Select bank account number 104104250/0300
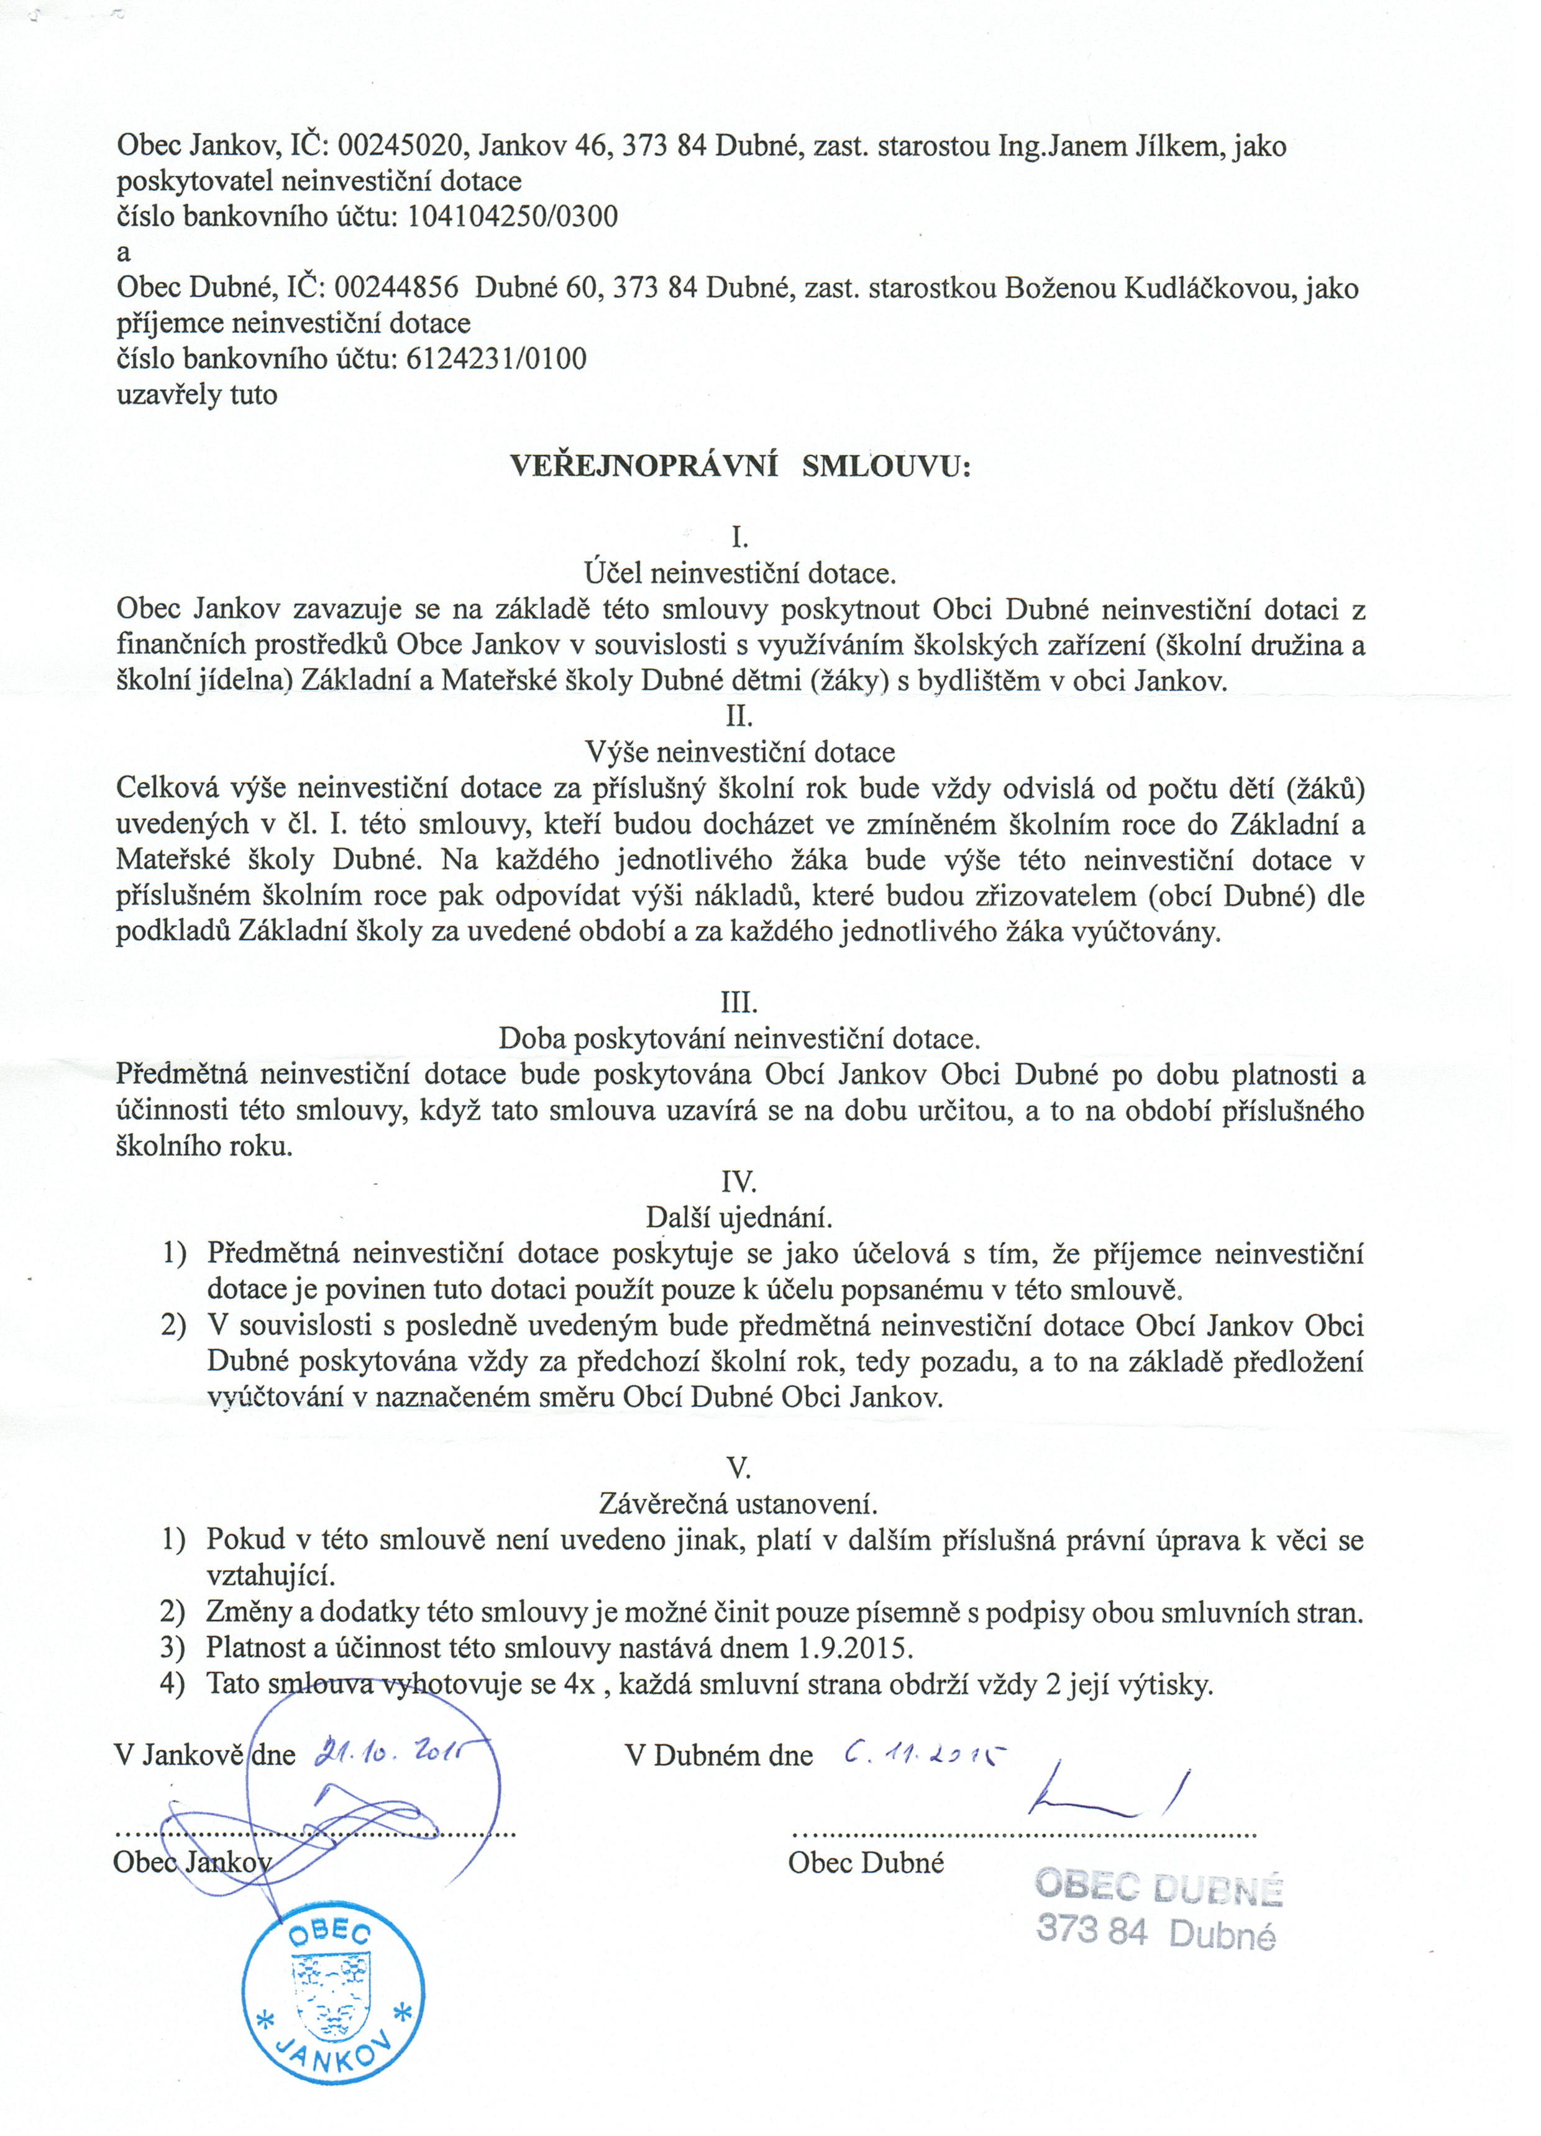tap(513, 217)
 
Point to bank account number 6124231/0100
tap(496, 359)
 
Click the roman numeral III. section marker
tap(738, 1002)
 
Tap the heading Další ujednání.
tap(739, 1217)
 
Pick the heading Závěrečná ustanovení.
tap(739, 1503)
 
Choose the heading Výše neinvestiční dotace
tap(739, 753)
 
